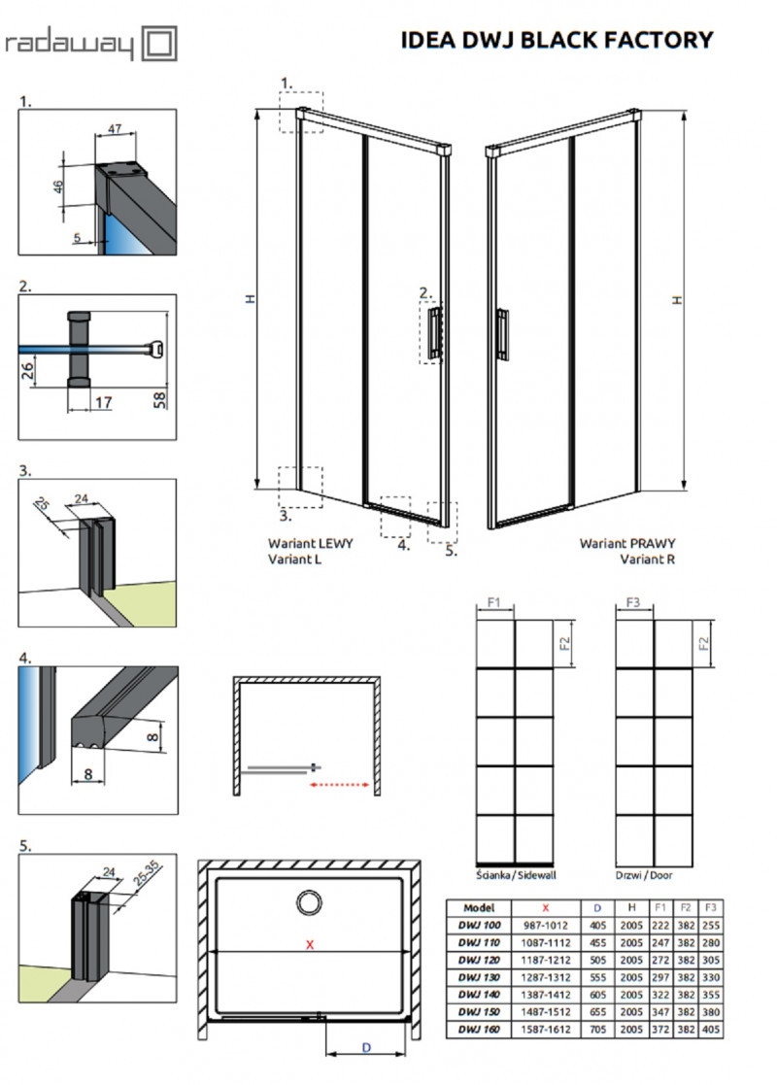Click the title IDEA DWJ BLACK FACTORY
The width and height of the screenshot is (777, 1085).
pos(557,40)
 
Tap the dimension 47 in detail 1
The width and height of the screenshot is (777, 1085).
pos(114,127)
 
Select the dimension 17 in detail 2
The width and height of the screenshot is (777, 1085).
pos(104,401)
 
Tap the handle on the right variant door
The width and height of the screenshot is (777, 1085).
pos(501,335)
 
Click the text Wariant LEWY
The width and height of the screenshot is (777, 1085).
pos(310,544)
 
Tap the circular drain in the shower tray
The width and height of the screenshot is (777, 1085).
pos(311,903)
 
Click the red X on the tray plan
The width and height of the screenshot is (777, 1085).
pos(310,944)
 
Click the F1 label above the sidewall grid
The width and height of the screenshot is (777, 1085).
pos(492,603)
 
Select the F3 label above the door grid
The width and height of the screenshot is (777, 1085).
pos(632,603)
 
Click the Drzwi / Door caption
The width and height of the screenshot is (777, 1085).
pos(643,874)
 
